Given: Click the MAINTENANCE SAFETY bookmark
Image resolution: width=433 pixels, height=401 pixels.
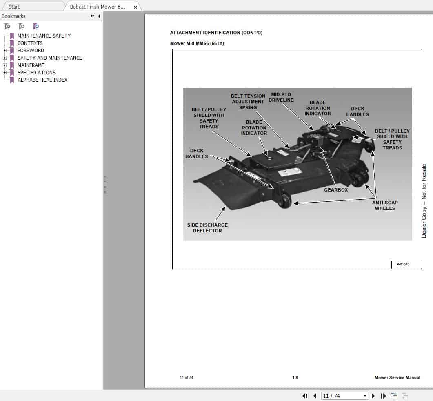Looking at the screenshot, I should pos(44,36).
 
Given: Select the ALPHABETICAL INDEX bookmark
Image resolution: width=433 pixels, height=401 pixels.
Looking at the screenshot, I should pos(42,80).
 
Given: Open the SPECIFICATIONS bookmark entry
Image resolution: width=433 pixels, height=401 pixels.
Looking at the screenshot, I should pos(36,73).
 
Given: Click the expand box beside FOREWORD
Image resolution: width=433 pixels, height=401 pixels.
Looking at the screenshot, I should pos(4,51).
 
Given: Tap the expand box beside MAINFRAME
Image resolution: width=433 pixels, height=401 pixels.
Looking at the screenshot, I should pos(4,65).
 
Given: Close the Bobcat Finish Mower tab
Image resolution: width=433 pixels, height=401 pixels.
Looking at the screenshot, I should pos(135,7).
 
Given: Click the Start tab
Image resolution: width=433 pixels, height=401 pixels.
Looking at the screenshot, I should pos(14,7).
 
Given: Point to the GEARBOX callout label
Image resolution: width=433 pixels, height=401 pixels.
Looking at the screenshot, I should pos(336,190).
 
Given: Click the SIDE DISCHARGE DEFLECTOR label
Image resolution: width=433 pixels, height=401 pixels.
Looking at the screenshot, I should pos(207,228).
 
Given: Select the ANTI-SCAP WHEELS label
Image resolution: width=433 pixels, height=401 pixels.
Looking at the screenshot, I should pos(384,205).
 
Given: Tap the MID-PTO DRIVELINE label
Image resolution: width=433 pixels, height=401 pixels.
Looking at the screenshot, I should pos(281,97).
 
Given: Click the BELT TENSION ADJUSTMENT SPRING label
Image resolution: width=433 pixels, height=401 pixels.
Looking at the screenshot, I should pos(248,102).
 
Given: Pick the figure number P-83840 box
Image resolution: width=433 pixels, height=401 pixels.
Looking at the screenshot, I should pos(403,265).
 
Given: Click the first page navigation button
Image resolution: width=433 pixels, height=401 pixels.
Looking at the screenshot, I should pos(305,396).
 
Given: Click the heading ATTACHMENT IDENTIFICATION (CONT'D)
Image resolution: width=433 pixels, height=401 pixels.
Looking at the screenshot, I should pos(216,33).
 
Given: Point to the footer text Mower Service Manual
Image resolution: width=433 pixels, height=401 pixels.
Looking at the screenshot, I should pos(397,378).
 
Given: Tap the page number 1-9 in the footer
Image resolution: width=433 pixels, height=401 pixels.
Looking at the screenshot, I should pos(295,378).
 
